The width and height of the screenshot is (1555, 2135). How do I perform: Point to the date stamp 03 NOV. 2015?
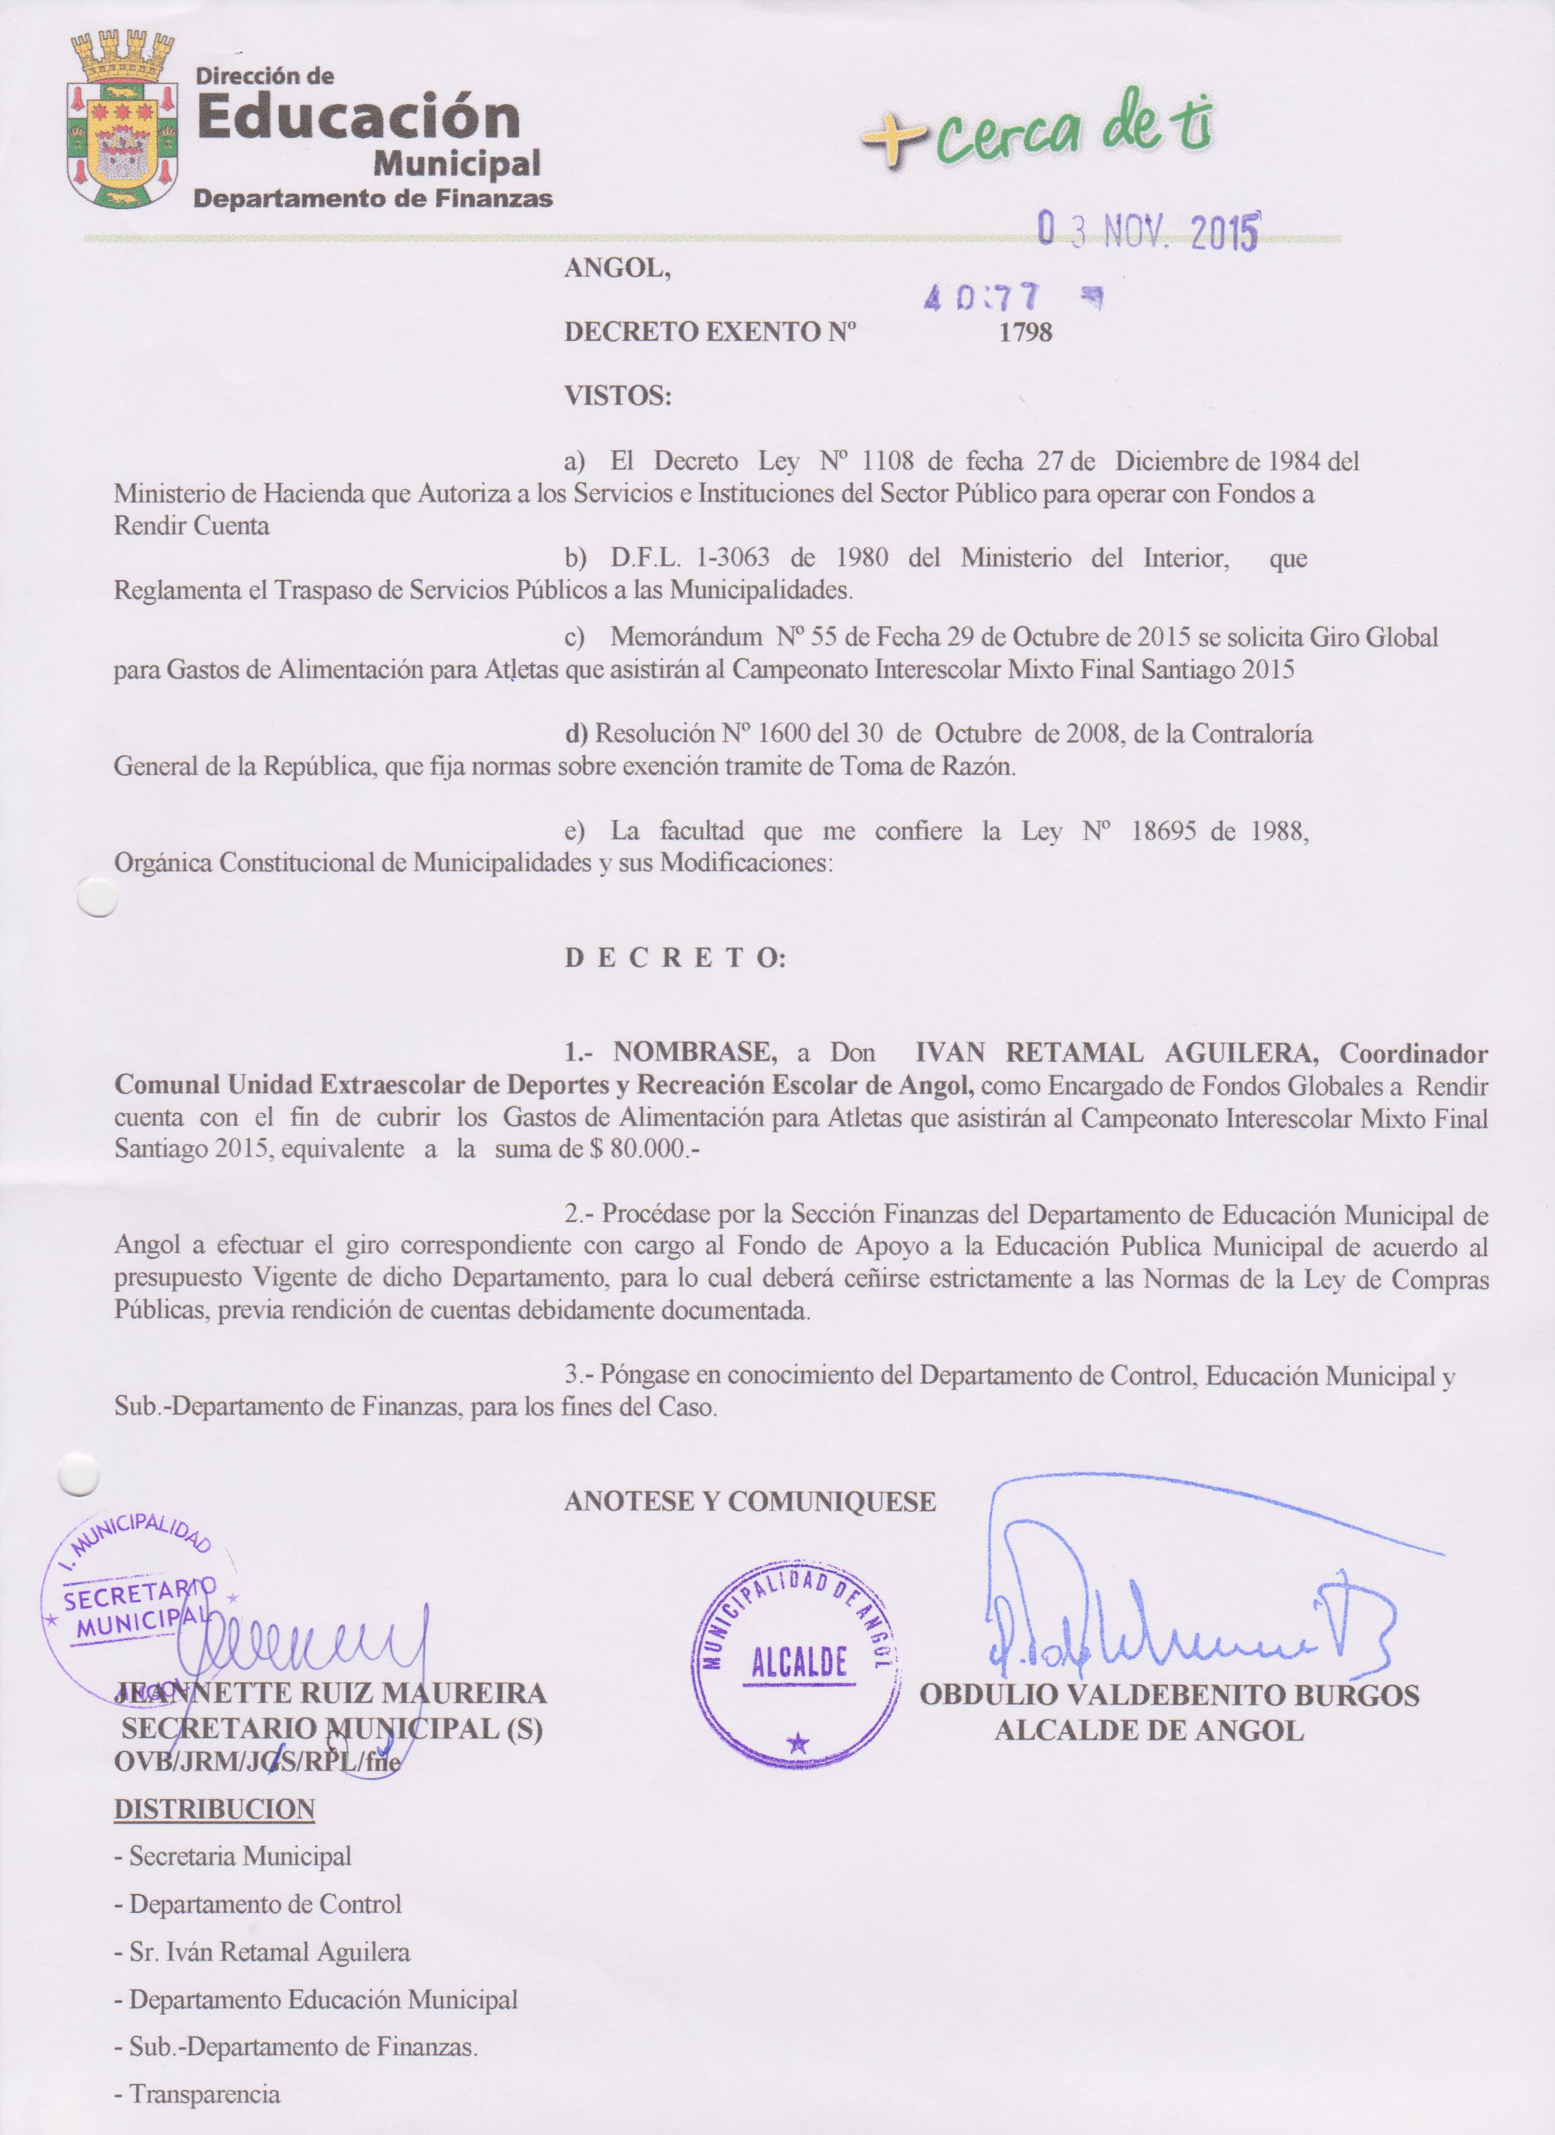[x=1148, y=228]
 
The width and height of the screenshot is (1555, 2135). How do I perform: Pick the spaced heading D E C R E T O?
[x=674, y=958]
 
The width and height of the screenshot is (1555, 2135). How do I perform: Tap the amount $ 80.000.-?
[x=643, y=1150]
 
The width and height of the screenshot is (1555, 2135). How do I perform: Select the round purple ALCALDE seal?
[x=798, y=1662]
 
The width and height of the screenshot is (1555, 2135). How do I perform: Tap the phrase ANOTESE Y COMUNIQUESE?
[x=749, y=1501]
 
